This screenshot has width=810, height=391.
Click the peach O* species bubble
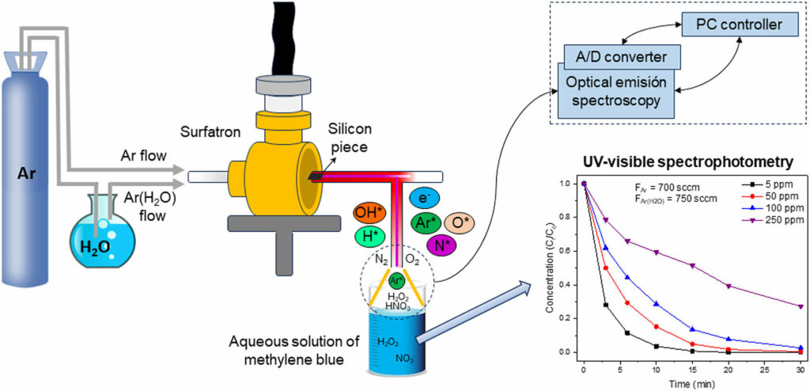pos(459,222)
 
